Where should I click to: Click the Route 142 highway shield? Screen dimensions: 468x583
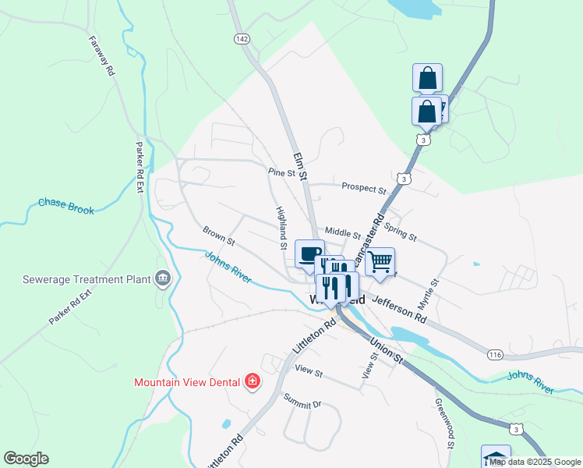pyautogui.click(x=242, y=39)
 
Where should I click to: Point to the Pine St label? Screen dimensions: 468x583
pyautogui.click(x=282, y=172)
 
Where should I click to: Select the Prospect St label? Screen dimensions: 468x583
pyautogui.click(x=364, y=189)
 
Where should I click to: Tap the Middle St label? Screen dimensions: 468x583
pyautogui.click(x=343, y=232)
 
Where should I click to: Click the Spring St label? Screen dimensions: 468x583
pyautogui.click(x=401, y=233)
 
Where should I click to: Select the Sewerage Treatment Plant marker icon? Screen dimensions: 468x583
pyautogui.click(x=163, y=278)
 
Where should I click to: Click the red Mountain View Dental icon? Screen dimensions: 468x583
pyautogui.click(x=252, y=382)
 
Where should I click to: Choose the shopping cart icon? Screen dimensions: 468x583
pyautogui.click(x=380, y=262)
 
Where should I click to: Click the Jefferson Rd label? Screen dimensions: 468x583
pyautogui.click(x=400, y=309)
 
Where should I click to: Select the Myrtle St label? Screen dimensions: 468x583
pyautogui.click(x=435, y=293)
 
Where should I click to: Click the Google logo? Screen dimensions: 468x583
pyautogui.click(x=26, y=459)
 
